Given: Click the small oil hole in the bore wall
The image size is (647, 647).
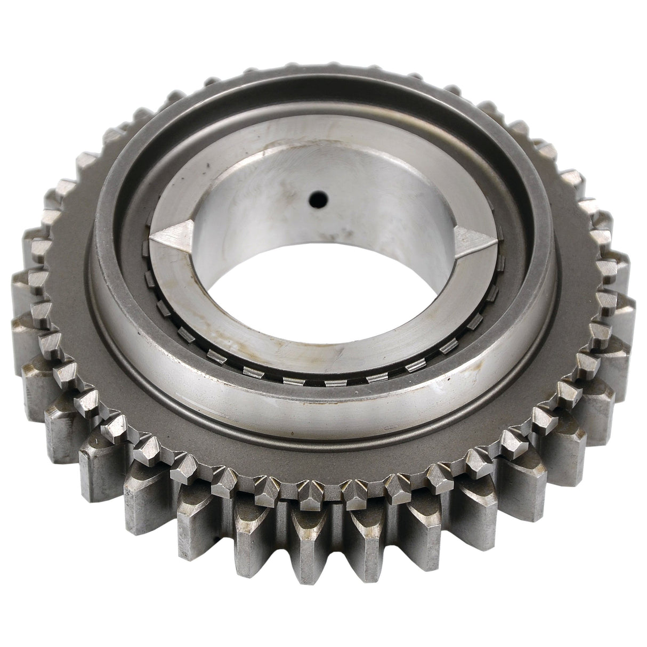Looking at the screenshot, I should [318, 200].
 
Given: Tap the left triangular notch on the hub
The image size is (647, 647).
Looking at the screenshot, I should [172, 234].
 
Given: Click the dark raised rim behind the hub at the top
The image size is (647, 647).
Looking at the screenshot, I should [320, 88].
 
